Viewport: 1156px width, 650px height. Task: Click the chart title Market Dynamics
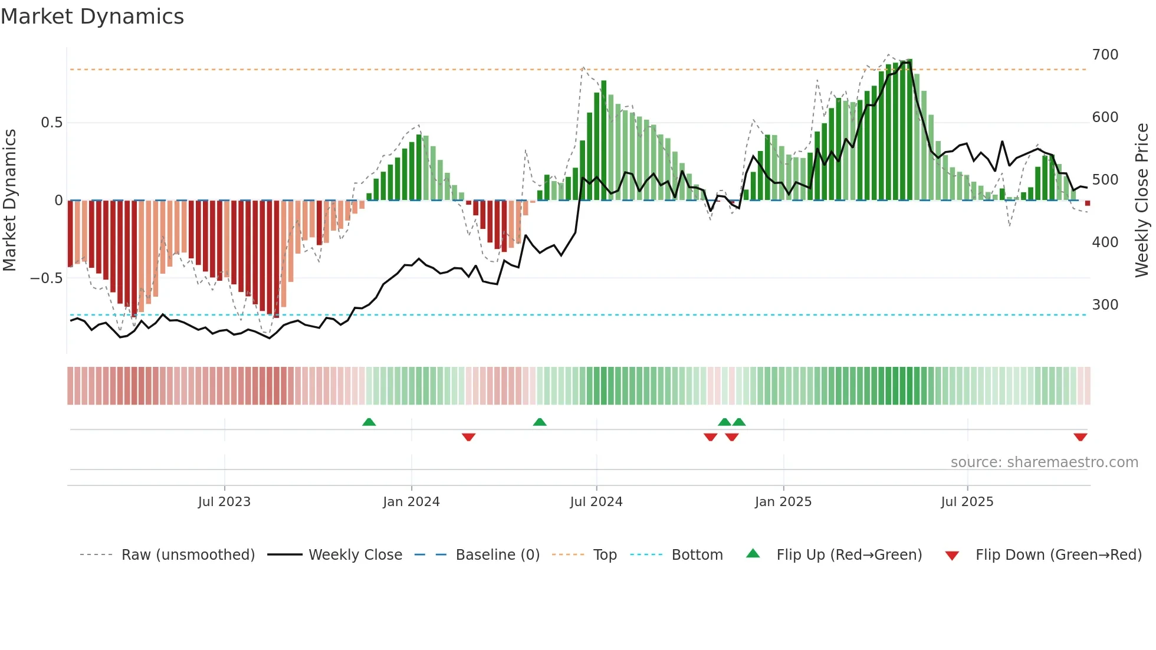(x=93, y=17)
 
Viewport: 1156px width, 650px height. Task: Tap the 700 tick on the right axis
(x=1105, y=55)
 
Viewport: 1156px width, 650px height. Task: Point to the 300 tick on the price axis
(x=1105, y=305)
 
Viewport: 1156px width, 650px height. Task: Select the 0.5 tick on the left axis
(x=51, y=123)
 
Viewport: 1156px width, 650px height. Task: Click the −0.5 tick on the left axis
(x=46, y=278)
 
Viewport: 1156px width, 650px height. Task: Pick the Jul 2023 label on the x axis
(x=224, y=502)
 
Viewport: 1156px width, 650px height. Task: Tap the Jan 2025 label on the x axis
(x=783, y=502)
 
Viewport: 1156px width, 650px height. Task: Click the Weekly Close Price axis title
(x=1142, y=201)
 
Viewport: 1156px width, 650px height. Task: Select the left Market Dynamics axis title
(x=9, y=201)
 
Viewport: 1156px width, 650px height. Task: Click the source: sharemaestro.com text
(x=1044, y=462)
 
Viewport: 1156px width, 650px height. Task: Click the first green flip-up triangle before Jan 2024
(x=369, y=422)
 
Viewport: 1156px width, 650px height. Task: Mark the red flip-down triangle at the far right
(x=1080, y=437)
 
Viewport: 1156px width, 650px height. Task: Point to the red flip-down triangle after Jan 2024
(x=468, y=437)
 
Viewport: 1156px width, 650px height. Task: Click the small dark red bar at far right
(x=1087, y=203)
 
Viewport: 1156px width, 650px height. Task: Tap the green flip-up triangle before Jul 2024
(x=539, y=422)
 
